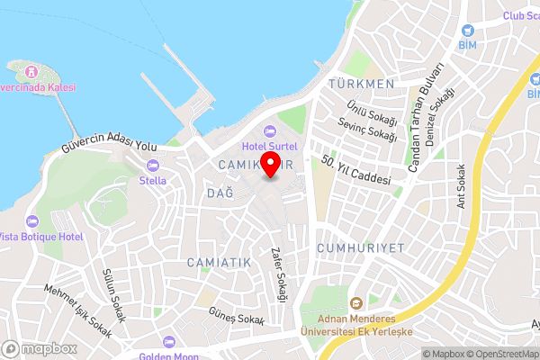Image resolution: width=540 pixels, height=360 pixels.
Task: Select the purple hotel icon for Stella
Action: click(151, 166)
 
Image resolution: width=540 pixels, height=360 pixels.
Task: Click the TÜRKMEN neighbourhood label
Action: click(363, 84)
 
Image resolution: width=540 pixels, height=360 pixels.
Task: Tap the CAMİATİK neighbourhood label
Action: click(219, 261)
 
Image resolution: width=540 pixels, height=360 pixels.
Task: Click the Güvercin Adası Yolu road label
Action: click(109, 146)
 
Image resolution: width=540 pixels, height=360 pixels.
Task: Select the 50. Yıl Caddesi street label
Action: click(357, 172)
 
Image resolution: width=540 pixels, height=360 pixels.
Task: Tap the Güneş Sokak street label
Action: click(237, 320)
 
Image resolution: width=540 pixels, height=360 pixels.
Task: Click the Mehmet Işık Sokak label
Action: click(79, 310)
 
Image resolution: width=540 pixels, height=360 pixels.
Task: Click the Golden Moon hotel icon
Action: click(168, 343)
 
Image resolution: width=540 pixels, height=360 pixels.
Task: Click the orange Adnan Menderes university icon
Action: click(355, 303)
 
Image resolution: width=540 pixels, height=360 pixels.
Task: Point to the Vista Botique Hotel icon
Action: click(33, 220)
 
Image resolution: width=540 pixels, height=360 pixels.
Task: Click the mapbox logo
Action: click(40, 347)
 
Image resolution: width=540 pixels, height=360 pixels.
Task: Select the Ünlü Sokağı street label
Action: click(371, 111)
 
